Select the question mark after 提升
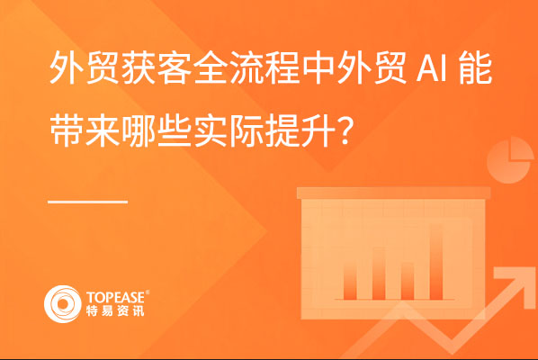(345, 130)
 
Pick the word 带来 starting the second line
(85, 130)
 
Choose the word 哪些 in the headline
(157, 130)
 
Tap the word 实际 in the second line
(229, 130)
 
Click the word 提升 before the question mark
(300, 130)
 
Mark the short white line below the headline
(88, 202)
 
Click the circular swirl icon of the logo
(62, 304)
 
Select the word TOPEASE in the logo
(116, 297)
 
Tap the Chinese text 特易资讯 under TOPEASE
(115, 310)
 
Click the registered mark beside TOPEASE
(148, 292)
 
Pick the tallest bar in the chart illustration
(435, 262)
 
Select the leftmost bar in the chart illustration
(350, 281)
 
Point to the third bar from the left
(408, 281)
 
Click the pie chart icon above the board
(510, 160)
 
